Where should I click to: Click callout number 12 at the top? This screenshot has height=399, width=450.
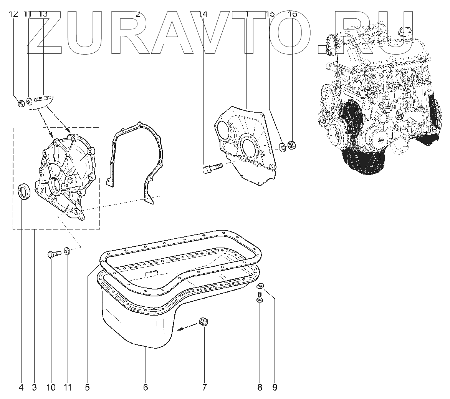pos(13,14)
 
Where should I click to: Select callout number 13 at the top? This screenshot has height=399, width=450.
pos(43,14)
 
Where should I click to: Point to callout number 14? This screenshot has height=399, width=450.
pos(203,14)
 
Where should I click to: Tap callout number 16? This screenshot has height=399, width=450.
pos(292,14)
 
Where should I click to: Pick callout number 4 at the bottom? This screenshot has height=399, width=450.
pos(21,387)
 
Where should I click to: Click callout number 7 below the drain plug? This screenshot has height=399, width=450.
pos(204,387)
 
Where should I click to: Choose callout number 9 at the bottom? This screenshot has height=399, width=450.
pos(275,387)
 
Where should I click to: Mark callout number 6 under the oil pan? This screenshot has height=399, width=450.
pos(146,387)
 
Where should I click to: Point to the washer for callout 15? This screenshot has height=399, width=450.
pos(282,146)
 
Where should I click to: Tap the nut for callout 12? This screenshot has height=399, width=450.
pos(22,103)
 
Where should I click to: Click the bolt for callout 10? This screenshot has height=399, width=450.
pos(53,254)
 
